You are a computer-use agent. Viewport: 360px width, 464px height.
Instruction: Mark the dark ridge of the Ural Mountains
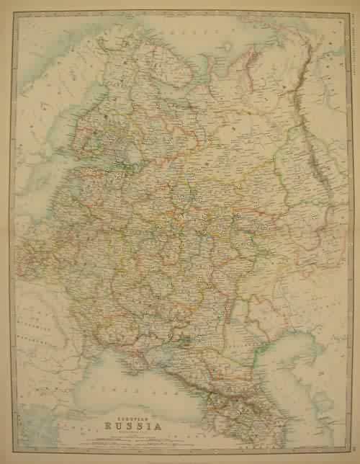312,144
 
